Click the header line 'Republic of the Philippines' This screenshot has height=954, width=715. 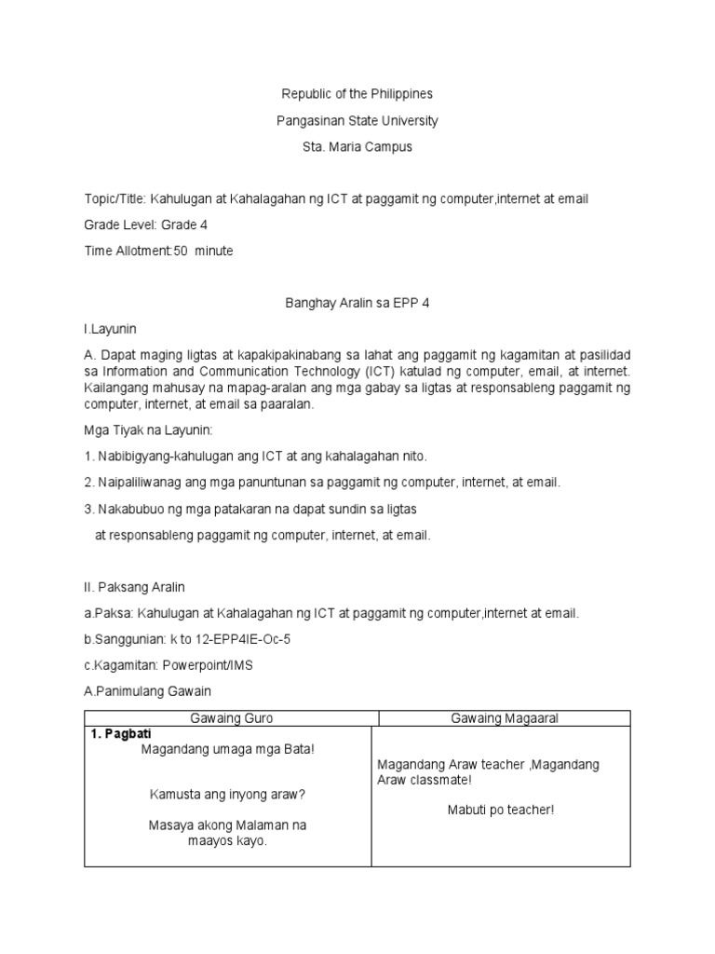pyautogui.click(x=357, y=94)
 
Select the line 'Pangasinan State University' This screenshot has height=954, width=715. pyautogui.click(x=357, y=121)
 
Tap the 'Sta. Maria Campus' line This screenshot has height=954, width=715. pyautogui.click(x=357, y=147)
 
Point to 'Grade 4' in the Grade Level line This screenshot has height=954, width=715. pyautogui.click(x=183, y=225)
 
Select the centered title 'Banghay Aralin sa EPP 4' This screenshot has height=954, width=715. pyautogui.click(x=357, y=303)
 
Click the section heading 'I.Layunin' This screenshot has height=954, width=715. pyautogui.click(x=110, y=329)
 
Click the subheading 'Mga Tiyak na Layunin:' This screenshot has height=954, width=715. pyautogui.click(x=149, y=430)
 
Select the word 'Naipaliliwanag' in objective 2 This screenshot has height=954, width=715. pyautogui.click(x=141, y=483)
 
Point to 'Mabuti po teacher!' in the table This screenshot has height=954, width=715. pyautogui.click(x=500, y=810)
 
